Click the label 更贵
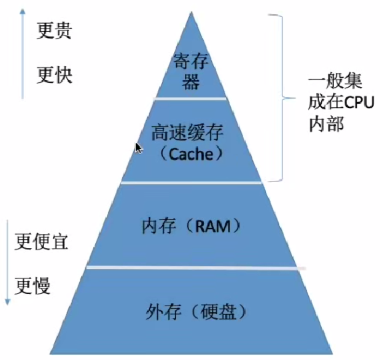54,31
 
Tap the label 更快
54,74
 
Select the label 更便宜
42,241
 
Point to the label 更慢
33,285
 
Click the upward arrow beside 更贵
22,54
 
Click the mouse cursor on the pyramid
138,148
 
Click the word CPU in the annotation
358,102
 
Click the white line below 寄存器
190,99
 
